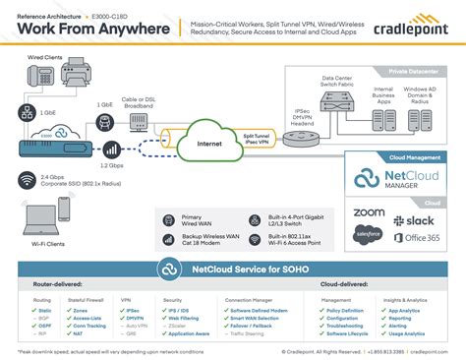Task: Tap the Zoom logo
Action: coord(368,212)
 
